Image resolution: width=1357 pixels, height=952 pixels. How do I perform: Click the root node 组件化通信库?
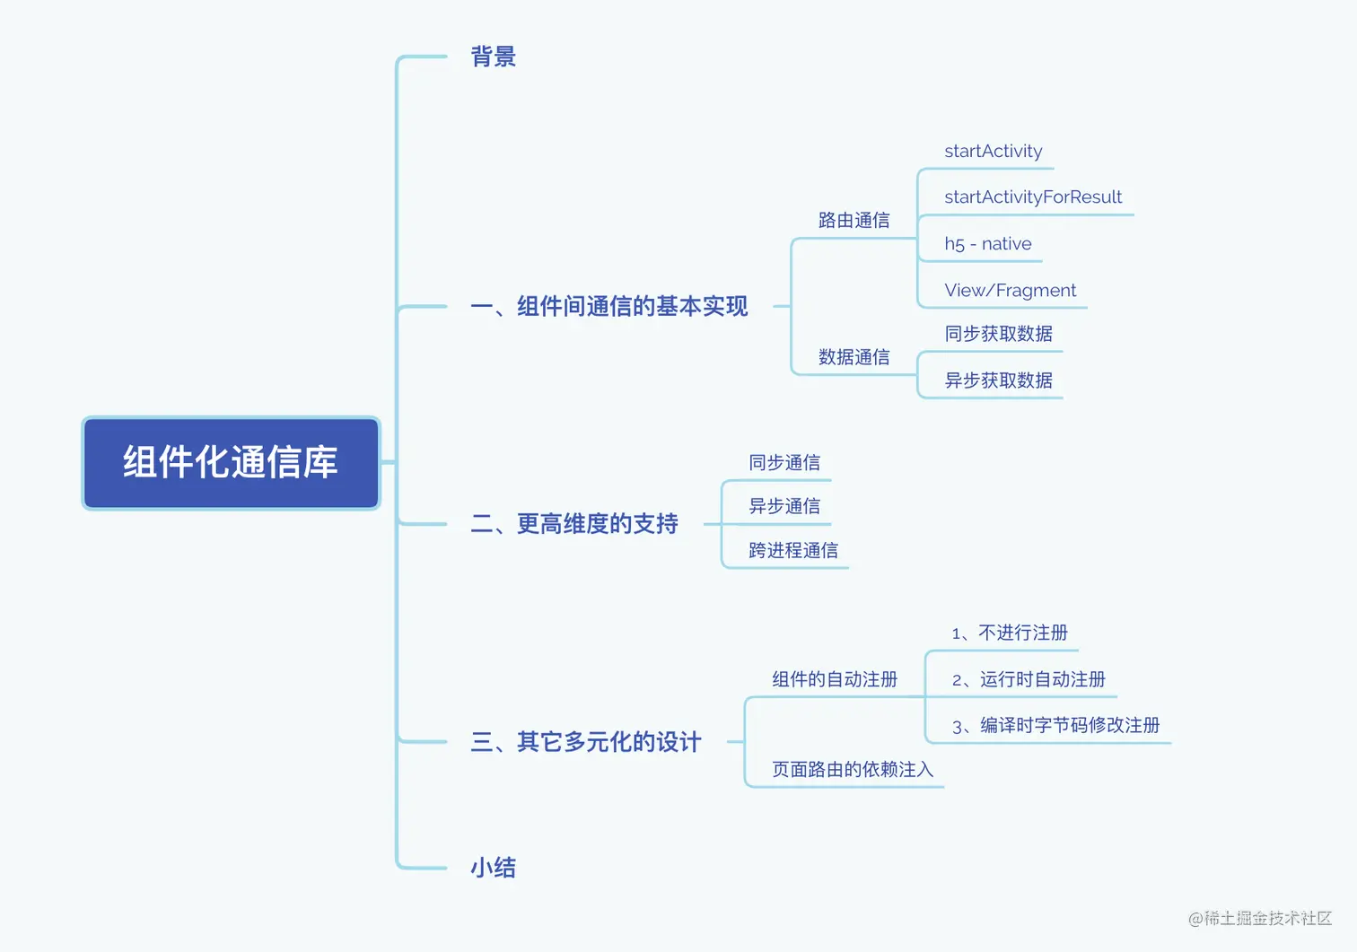[x=231, y=463]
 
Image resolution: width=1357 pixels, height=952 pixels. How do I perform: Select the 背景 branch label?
[x=493, y=57]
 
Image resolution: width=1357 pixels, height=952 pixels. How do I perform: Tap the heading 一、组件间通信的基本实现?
[x=608, y=307]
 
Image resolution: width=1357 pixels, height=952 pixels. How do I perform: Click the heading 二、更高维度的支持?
[x=574, y=524]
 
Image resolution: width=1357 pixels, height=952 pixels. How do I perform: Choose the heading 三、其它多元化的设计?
[x=586, y=742]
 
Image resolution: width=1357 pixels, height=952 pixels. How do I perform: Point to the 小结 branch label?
[x=493, y=868]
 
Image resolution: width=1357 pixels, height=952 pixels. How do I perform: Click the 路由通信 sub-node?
[x=854, y=221]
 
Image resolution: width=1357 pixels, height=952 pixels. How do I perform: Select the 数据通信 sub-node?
[x=854, y=357]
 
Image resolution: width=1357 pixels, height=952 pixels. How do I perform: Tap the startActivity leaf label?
[x=994, y=152]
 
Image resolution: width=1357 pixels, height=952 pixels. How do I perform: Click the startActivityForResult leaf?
[x=1033, y=197]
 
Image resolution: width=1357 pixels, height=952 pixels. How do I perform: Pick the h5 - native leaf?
[x=988, y=243]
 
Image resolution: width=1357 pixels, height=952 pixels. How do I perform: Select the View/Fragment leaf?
[x=1011, y=291]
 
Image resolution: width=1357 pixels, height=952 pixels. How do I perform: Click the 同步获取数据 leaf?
[x=998, y=334]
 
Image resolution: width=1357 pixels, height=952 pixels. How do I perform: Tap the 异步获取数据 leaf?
[x=998, y=380]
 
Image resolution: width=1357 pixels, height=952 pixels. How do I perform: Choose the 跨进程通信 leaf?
[x=793, y=551]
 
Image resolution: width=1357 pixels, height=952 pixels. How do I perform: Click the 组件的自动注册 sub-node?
[x=835, y=679]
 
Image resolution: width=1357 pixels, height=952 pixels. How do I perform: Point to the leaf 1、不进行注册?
[x=1010, y=633]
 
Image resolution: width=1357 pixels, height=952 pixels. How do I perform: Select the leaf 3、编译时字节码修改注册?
[x=1056, y=726]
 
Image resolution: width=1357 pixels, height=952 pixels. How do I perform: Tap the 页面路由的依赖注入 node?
[x=853, y=770]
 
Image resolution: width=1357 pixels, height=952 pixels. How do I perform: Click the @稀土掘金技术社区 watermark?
[x=1260, y=919]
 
